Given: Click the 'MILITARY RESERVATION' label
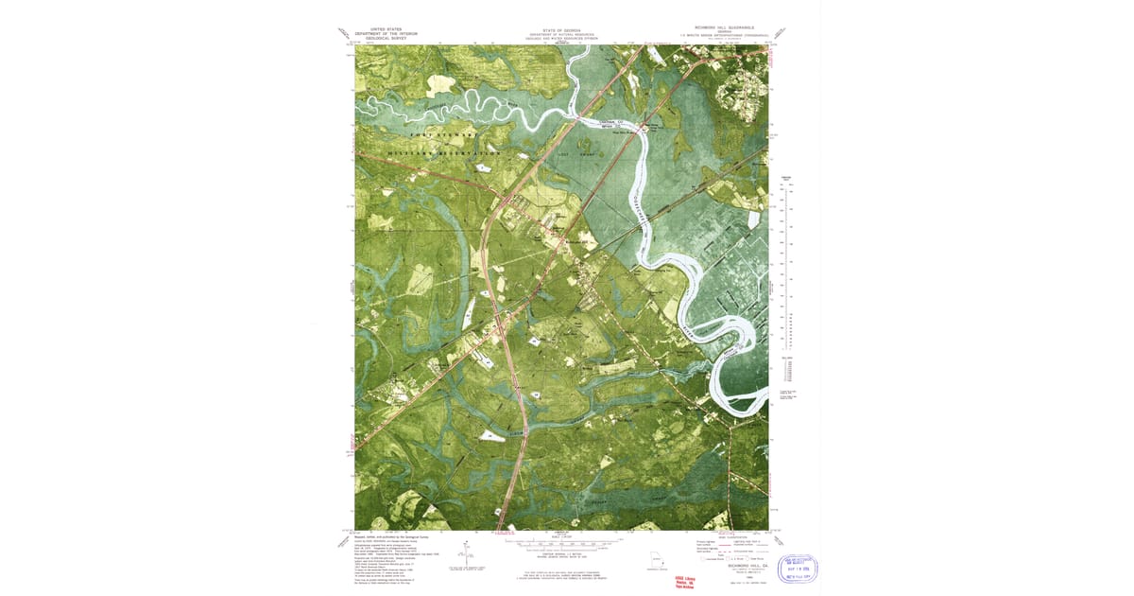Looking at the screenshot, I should (x=444, y=152).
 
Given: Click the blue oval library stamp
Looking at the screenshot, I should (x=791, y=569).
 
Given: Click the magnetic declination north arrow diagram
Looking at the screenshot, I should (x=467, y=552).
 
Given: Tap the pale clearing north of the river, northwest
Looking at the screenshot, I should (x=440, y=84).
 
